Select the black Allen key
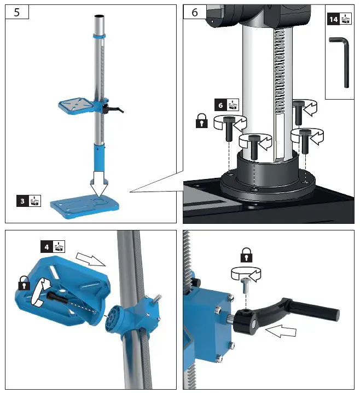coord(343,62)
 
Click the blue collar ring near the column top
coord(99,36)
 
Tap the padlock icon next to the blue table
coord(24,285)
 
